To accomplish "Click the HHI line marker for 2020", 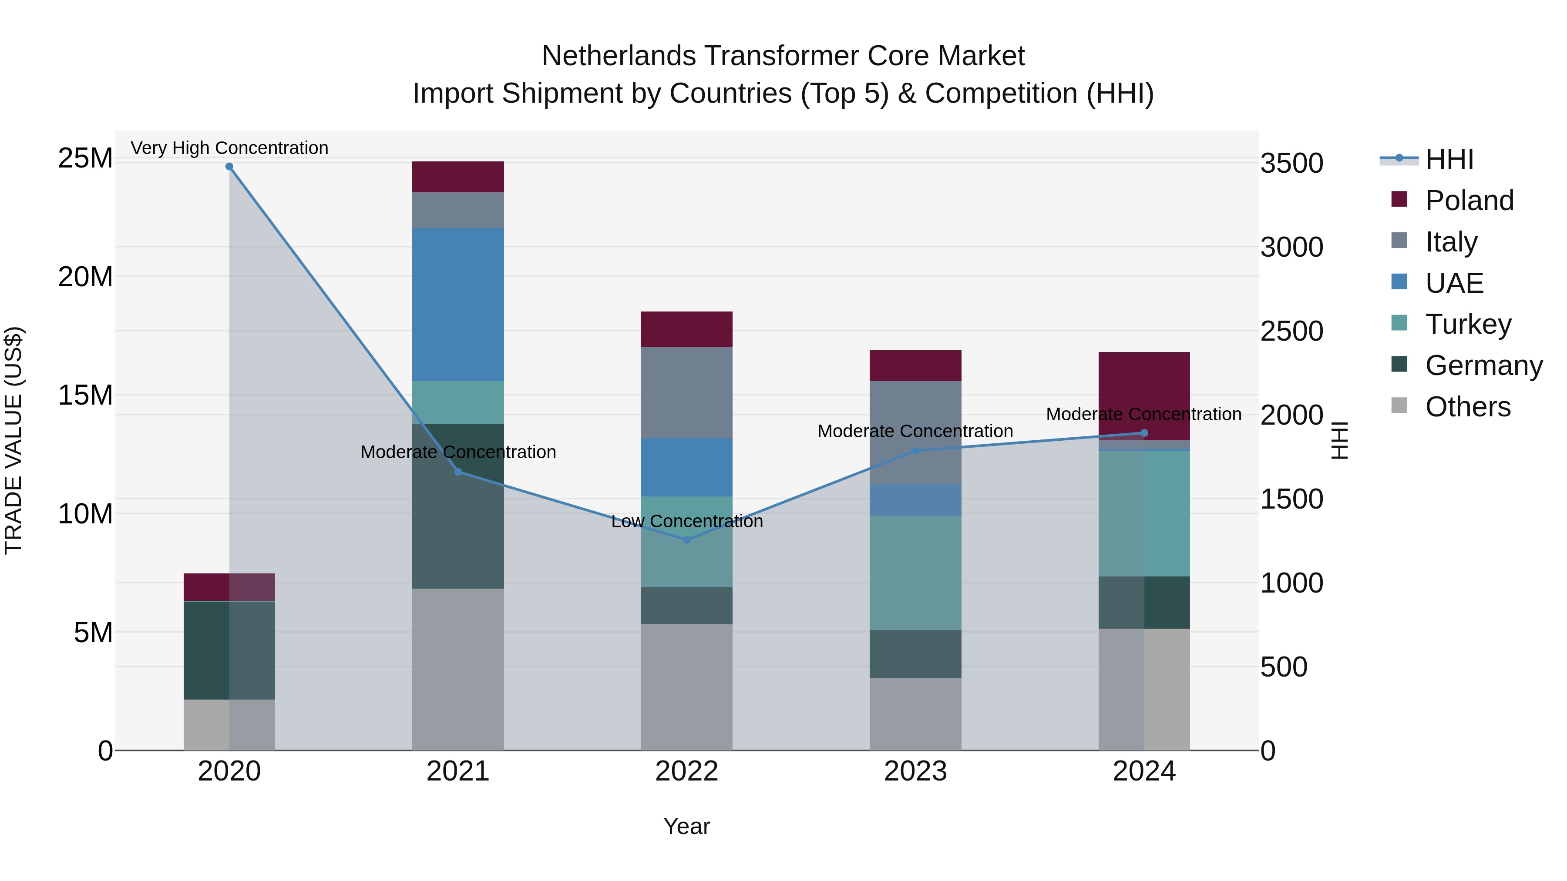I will (x=229, y=167).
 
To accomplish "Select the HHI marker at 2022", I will (x=687, y=540).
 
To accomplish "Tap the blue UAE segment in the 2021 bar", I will (x=458, y=304).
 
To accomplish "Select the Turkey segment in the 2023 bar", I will (x=915, y=573).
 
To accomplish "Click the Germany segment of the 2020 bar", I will (x=207, y=650).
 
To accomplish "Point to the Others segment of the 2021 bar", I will (x=458, y=669).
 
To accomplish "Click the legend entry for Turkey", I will (x=1468, y=324).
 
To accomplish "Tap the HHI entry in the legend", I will (x=1449, y=159).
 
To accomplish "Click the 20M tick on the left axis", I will (x=85, y=277).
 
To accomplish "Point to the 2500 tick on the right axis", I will (x=1291, y=332).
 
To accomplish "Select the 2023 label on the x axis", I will (x=915, y=771).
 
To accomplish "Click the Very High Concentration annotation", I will (x=229, y=148).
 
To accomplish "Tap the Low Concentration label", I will (x=687, y=521).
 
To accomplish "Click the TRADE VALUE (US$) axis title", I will (x=13, y=440).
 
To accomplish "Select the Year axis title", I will (x=687, y=826).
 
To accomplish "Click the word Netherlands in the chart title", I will (x=620, y=56).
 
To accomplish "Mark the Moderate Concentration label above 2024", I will (x=1143, y=414).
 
